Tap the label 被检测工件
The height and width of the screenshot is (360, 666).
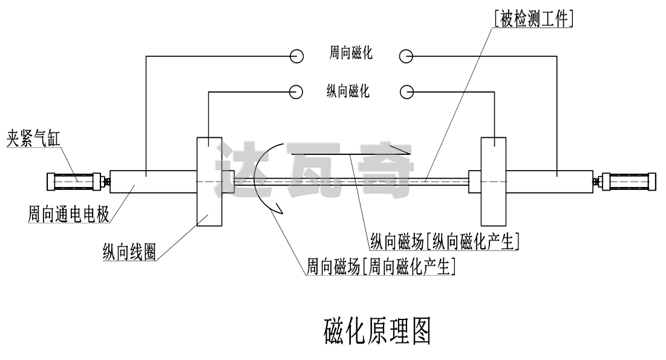(533, 19)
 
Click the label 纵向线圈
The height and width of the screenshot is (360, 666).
(129, 253)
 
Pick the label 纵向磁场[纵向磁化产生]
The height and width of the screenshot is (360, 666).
(445, 242)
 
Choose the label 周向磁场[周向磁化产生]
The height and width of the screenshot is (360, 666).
(380, 266)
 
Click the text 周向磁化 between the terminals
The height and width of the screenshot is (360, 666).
(351, 54)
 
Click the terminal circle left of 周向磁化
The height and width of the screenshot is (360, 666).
(296, 56)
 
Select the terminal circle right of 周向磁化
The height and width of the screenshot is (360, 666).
(406, 56)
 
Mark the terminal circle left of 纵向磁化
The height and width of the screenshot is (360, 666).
(296, 91)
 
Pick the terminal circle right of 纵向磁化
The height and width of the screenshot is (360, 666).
(407, 91)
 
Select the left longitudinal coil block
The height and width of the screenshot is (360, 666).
(209, 180)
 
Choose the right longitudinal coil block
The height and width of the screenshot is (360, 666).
(492, 180)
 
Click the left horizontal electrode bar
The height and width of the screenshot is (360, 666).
(153, 180)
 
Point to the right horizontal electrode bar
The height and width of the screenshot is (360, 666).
(548, 180)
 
